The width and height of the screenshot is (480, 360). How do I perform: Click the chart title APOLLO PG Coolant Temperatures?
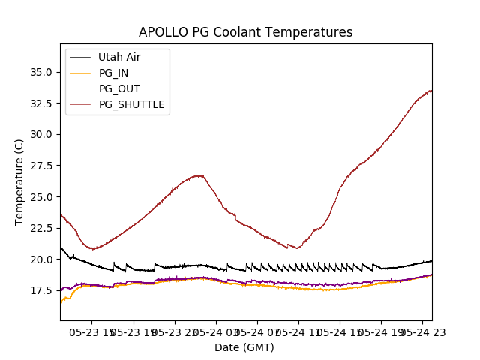pyautogui.click(x=245, y=32)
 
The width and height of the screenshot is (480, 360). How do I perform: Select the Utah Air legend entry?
pyautogui.click(x=118, y=57)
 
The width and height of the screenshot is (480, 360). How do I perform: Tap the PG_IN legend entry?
pyautogui.click(x=113, y=73)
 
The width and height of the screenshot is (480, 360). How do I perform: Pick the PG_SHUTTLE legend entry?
pyautogui.click(x=131, y=104)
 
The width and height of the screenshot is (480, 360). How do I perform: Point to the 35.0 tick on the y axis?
pyautogui.click(x=41, y=72)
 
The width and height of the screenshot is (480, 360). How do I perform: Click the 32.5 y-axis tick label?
pyautogui.click(x=41, y=103)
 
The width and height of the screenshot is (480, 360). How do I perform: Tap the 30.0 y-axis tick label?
pyautogui.click(x=41, y=134)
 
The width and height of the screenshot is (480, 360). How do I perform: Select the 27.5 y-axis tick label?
pyautogui.click(x=41, y=166)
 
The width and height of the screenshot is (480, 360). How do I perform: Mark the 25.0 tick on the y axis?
pyautogui.click(x=41, y=196)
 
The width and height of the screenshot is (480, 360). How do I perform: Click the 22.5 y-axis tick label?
pyautogui.click(x=41, y=228)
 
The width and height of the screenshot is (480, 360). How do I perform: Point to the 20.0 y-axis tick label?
pyautogui.click(x=41, y=259)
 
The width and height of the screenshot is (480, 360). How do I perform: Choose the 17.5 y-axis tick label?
pyautogui.click(x=41, y=290)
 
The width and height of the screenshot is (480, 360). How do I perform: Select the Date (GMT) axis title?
pyautogui.click(x=244, y=347)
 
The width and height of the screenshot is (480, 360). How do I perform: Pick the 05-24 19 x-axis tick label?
pyautogui.click(x=380, y=331)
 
